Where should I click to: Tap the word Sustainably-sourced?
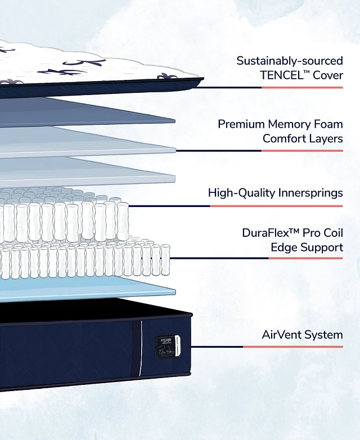tap(289, 60)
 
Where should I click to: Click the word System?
tap(323, 335)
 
